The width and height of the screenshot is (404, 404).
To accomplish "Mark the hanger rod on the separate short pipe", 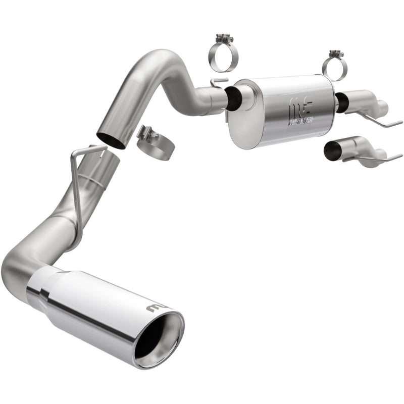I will [x=374, y=158].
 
